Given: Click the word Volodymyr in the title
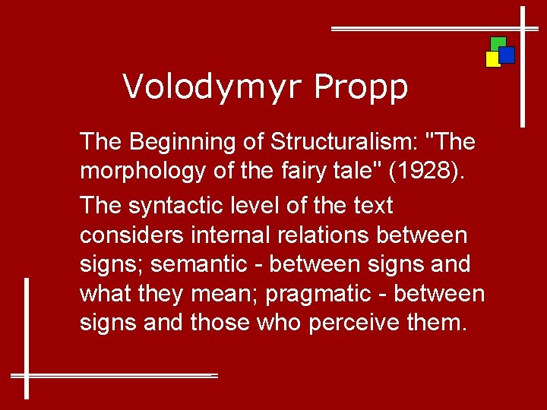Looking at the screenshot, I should pos(212,87).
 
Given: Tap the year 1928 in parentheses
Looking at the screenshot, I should pos(424,172).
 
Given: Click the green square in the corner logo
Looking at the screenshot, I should pos(498,43).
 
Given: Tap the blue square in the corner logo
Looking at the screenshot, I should pos(507,55).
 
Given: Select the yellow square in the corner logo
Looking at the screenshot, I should pos(492,59).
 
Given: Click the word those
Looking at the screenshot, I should pos(220,323).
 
